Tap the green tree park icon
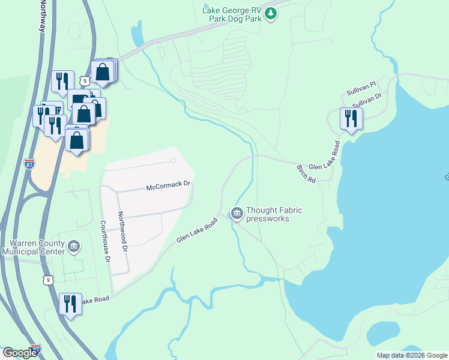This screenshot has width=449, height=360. pyautogui.click(x=271, y=13)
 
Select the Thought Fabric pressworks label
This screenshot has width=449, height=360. pyautogui.click(x=274, y=214)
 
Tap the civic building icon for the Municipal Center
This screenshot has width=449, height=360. pyautogui.click(x=74, y=246)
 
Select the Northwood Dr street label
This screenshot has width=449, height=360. pyautogui.click(x=123, y=231)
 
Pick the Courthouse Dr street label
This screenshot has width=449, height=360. pyautogui.click(x=107, y=239)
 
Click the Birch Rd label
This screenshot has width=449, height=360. pyautogui.click(x=306, y=174)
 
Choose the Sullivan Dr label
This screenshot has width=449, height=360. pyautogui.click(x=367, y=100)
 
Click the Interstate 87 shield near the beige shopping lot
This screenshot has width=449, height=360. pyautogui.click(x=31, y=163)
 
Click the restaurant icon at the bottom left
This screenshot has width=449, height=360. pyautogui.click(x=70, y=304)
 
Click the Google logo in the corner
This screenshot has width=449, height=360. pyautogui.click(x=20, y=353)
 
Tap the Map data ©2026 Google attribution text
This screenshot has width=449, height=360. pyautogui.click(x=412, y=355)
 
